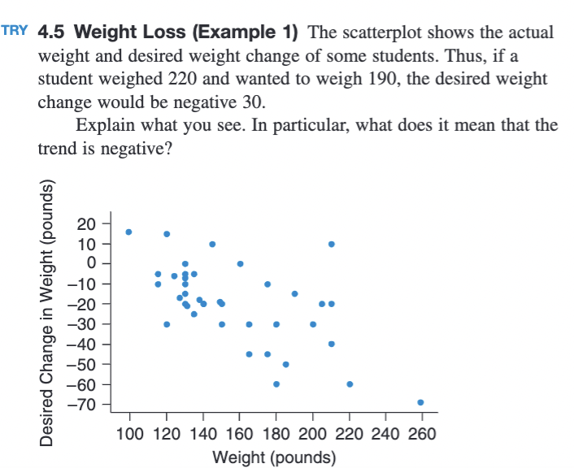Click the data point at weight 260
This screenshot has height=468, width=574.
(420, 402)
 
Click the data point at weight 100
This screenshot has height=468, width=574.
(128, 232)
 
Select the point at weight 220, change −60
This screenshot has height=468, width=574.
(350, 383)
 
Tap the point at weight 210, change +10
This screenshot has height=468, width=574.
(331, 244)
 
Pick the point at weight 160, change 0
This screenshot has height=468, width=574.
(240, 264)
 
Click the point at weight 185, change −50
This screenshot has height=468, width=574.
(285, 364)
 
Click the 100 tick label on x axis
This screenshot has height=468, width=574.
(129, 432)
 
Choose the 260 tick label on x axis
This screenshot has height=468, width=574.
(422, 432)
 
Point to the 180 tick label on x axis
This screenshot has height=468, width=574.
(276, 432)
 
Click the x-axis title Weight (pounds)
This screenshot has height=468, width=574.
(274, 457)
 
